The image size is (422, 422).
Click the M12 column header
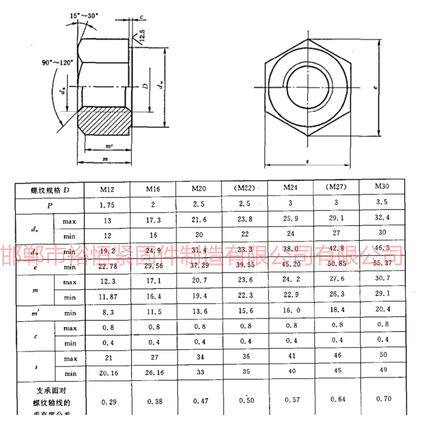(107, 190)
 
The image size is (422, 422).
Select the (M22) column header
(244, 188)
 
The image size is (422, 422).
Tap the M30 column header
(382, 186)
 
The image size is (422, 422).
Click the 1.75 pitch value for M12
(107, 205)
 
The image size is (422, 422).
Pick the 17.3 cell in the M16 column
(153, 220)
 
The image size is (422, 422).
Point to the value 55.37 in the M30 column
(382, 263)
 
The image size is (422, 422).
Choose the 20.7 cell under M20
(199, 280)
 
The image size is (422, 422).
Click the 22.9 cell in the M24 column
(291, 295)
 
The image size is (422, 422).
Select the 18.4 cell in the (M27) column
(337, 309)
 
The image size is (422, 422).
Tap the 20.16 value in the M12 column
(108, 373)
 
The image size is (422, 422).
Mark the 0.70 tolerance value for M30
(383, 398)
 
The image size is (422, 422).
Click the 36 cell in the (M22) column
(246, 356)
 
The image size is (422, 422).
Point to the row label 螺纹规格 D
(50, 190)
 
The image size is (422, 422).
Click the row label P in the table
(50, 206)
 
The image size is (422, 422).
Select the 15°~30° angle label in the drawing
(84, 16)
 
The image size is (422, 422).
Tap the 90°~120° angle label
(57, 63)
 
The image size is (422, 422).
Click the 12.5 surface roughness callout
(142, 36)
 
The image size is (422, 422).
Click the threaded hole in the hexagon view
(308, 87)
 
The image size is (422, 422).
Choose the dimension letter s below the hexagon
(307, 161)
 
